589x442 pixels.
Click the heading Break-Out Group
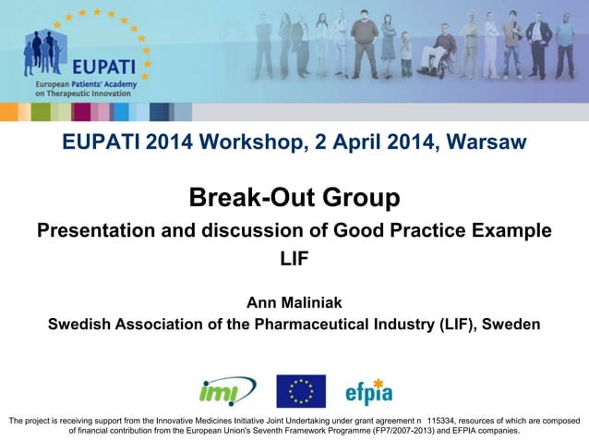tap(294, 197)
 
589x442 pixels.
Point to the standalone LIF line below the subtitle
tap(294, 260)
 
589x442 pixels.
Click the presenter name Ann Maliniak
tap(294, 303)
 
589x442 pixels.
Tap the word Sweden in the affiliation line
tap(511, 325)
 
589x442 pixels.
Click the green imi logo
tap(226, 391)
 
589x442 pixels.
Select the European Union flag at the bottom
tap(301, 391)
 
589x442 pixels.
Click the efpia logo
tap(368, 392)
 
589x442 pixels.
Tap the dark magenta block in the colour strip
tap(81, 112)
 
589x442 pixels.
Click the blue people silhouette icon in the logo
tap(44, 54)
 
